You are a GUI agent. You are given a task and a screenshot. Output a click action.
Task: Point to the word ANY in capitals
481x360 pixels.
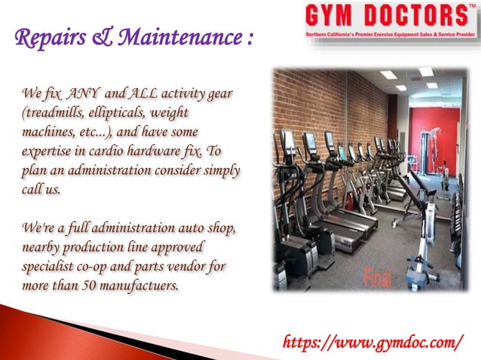pos(79,93)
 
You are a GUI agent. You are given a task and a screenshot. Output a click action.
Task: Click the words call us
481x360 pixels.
pos(41,185)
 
